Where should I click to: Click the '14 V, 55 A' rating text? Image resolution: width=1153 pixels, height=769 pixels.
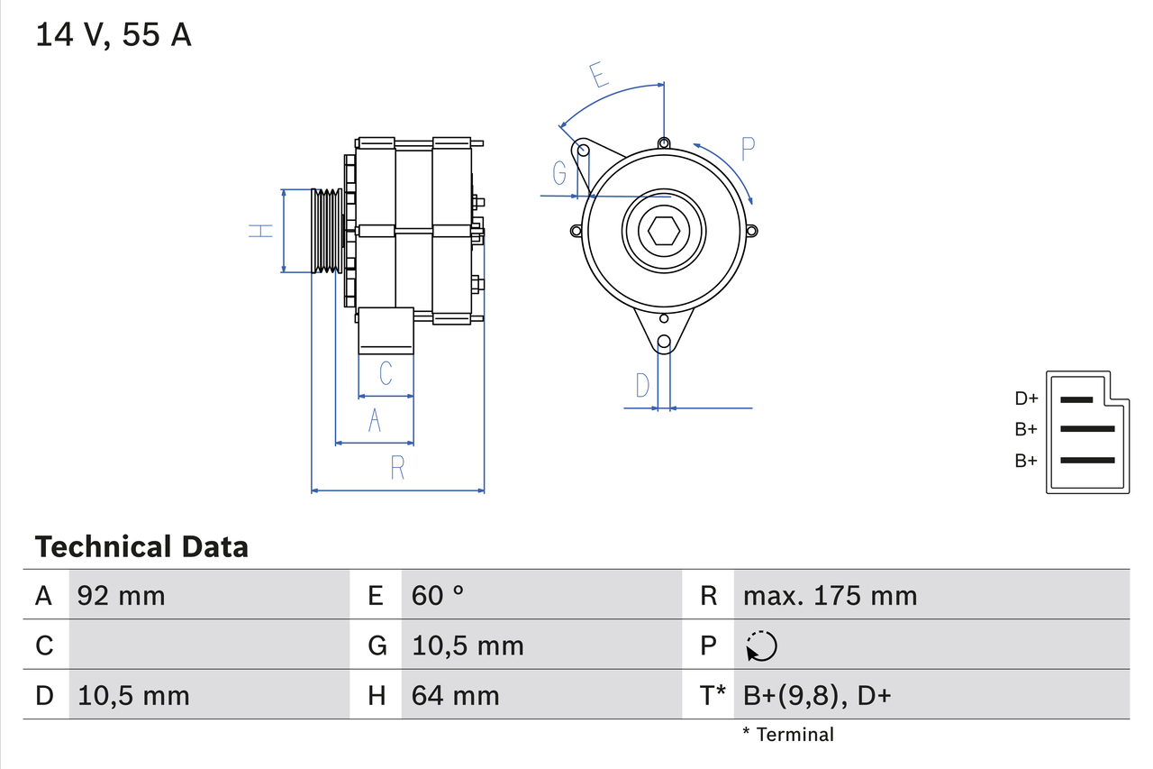113,35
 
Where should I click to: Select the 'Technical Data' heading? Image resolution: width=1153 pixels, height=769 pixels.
141,546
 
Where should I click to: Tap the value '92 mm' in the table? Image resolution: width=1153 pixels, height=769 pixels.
122,596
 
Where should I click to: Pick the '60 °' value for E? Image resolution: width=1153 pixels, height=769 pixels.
438,596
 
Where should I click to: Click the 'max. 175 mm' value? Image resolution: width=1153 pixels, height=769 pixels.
830,596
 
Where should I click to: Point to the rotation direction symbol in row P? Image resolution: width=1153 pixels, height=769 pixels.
761,646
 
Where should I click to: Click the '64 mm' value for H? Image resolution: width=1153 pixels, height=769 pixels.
455,695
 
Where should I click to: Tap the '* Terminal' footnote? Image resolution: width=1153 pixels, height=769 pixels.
788,735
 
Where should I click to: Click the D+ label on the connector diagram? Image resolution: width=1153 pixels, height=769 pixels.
1026,398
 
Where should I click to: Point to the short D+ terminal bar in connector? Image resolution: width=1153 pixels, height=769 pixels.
1076,398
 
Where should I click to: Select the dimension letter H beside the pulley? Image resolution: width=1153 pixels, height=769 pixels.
261,231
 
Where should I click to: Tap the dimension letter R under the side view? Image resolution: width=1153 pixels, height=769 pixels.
397,468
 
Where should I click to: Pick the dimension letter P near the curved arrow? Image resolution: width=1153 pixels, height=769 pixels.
748,149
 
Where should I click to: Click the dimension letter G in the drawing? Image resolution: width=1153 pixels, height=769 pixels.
560,172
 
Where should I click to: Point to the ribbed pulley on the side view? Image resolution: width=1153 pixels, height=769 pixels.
326,231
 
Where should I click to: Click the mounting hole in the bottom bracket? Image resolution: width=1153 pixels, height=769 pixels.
664,342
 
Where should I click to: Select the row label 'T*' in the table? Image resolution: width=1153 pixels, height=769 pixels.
713,695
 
